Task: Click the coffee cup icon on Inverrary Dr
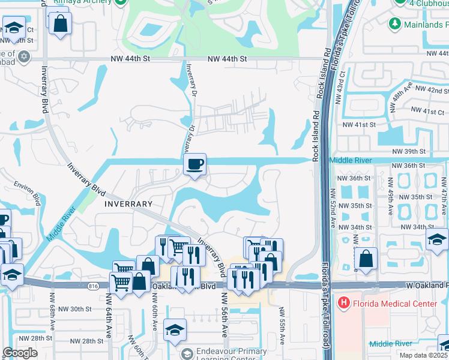click(194, 165)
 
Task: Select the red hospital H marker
click(343, 304)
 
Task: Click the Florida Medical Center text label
click(395, 304)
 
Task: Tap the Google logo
click(20, 353)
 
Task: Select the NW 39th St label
click(409, 152)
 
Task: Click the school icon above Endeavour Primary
click(175, 329)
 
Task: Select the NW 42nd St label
click(433, 91)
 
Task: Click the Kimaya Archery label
click(90, 2)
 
